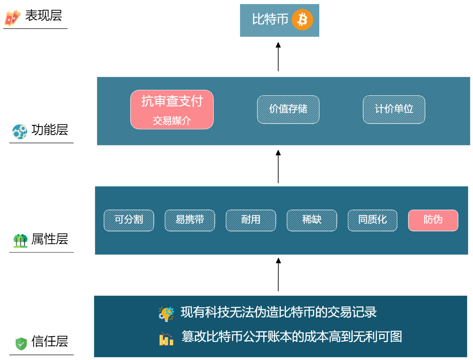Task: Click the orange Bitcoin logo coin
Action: [302, 20]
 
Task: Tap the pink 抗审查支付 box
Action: [172, 110]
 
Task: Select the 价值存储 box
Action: [288, 110]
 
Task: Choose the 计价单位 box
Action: [394, 110]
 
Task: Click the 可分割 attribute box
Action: [129, 220]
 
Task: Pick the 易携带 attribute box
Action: [190, 220]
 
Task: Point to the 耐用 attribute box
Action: [251, 220]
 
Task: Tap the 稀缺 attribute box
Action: [312, 220]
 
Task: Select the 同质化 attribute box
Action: [372, 220]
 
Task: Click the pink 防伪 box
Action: [433, 220]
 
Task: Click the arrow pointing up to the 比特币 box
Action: [278, 57]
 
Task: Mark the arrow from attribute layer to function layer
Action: [278, 167]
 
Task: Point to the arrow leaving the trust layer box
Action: [278, 275]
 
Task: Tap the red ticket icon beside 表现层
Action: [12, 18]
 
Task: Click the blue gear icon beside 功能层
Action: [19, 131]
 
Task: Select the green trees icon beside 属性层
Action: [20, 241]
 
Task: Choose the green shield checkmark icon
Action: [21, 343]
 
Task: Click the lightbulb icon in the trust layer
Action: [166, 313]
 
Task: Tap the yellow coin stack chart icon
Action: [166, 339]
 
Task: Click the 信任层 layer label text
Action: [50, 341]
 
